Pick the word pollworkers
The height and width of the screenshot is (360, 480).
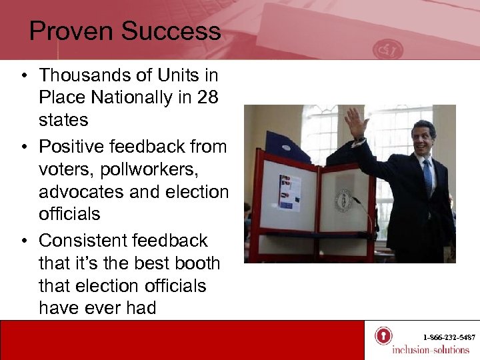(x=145, y=169)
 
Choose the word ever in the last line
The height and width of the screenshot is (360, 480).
(x=107, y=308)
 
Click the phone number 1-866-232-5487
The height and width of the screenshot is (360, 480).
(x=448, y=337)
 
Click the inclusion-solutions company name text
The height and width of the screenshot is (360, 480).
(x=430, y=350)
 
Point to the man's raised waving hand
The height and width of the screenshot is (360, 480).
(x=355, y=123)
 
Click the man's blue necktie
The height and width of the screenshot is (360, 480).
(x=427, y=177)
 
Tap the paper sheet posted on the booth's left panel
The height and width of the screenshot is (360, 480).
(x=289, y=192)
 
